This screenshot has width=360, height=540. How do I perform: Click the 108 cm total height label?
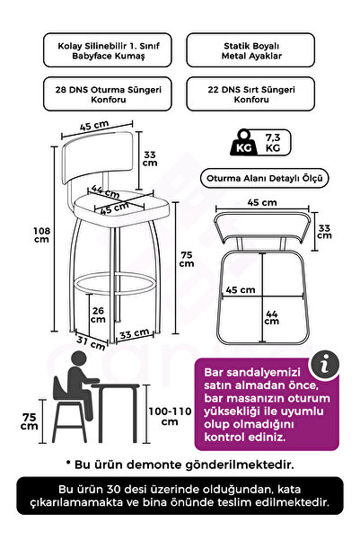pyautogui.click(x=41, y=235)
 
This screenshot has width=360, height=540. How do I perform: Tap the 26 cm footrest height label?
pyautogui.click(x=98, y=314)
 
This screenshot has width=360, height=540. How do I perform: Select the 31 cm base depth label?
pyautogui.click(x=91, y=341)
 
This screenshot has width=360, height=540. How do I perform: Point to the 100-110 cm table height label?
pyautogui.click(x=170, y=416)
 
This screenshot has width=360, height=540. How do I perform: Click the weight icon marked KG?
pyautogui.click(x=243, y=143)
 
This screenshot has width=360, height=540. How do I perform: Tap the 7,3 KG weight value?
pyautogui.click(x=273, y=143)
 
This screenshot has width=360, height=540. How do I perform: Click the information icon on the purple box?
pyautogui.click(x=324, y=366)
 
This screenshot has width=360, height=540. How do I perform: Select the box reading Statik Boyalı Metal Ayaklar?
pyautogui.click(x=250, y=50)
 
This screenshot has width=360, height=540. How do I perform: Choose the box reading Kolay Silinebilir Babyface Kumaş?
pyautogui.click(x=108, y=50)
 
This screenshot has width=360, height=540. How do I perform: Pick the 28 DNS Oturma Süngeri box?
pyautogui.click(x=108, y=94)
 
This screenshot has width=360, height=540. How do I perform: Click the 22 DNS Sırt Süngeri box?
pyautogui.click(x=250, y=94)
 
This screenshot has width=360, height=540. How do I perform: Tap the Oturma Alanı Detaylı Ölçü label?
pyautogui.click(x=264, y=179)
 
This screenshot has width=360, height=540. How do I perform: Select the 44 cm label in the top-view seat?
pyautogui.click(x=271, y=317)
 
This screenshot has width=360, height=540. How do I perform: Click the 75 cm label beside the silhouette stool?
pyautogui.click(x=30, y=421)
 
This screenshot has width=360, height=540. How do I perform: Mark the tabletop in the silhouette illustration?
pyautogui.click(x=115, y=386)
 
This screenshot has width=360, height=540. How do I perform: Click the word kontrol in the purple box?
pyautogui.click(x=224, y=438)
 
